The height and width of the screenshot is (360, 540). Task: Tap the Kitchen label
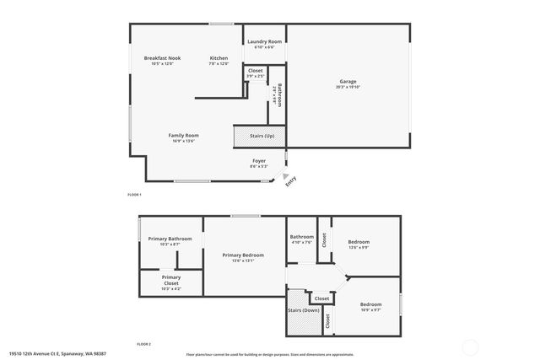click(x=219, y=57)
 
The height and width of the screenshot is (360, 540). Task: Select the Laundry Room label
click(x=264, y=40)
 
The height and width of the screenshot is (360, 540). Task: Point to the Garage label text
click(x=348, y=81)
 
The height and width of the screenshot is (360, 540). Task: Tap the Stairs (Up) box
click(x=260, y=135)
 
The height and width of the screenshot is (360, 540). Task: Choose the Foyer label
click(x=259, y=160)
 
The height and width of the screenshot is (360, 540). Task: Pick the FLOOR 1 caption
click(x=134, y=195)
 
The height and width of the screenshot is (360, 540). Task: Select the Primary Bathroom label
click(x=170, y=239)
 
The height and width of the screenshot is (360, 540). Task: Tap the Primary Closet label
click(x=171, y=279)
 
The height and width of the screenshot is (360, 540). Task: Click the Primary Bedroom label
click(x=243, y=255)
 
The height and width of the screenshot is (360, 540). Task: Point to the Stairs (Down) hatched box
click(x=302, y=309)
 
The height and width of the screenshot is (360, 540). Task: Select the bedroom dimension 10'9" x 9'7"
click(x=371, y=309)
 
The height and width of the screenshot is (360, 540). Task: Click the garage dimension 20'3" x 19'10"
click(x=348, y=87)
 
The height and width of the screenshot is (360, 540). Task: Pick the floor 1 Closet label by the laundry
click(x=255, y=71)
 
